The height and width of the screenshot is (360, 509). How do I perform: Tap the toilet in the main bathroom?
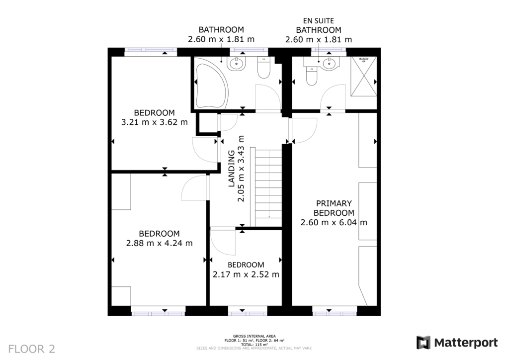263,69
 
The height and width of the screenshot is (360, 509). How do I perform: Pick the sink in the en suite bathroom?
329,63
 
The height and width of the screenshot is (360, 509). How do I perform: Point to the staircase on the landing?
269,186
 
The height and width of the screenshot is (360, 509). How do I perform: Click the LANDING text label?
231,169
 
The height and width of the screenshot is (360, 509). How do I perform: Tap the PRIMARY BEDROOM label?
334,208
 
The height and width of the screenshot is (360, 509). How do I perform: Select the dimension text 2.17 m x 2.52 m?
246,274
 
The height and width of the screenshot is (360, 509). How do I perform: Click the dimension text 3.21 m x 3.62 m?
154,122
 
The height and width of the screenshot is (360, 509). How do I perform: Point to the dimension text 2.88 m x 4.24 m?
159,243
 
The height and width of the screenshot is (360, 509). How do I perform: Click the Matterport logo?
457,343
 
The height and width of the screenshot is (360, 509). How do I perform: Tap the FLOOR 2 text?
31,348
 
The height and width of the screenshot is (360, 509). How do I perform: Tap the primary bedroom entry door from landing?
302,131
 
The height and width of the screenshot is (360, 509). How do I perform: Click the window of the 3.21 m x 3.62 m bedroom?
150,50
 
